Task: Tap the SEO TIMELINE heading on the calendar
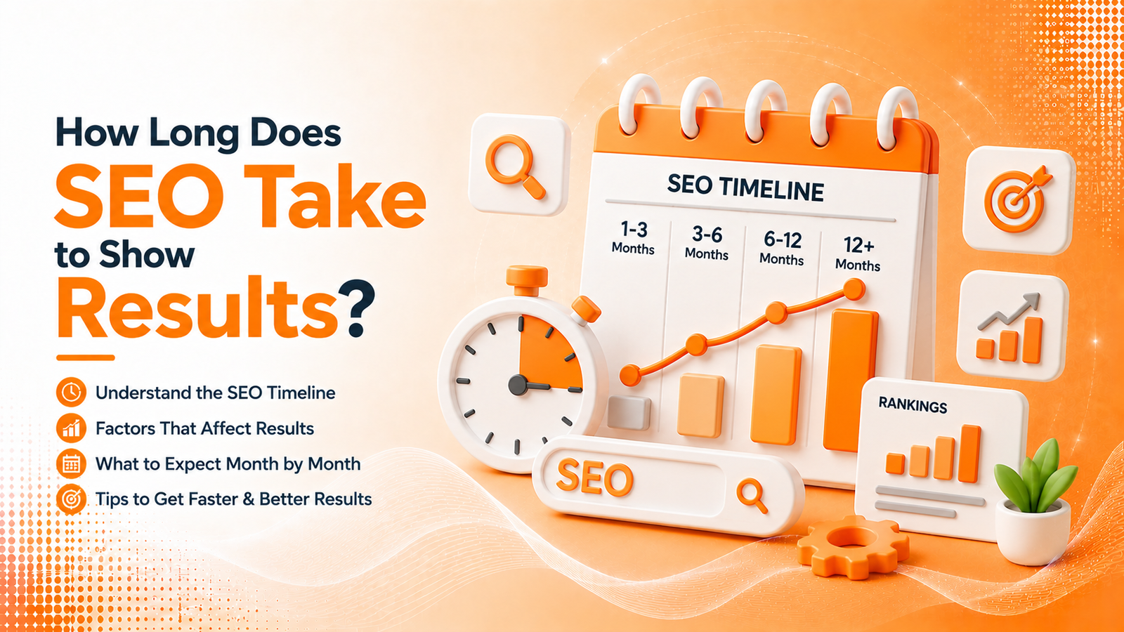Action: coord(745,187)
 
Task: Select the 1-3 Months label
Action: coord(634,238)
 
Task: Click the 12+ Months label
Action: coord(858,254)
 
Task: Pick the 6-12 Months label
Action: coord(783,249)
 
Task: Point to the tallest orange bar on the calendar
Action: coord(851,380)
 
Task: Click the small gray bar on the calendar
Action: coord(629,412)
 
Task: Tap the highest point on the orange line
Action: coord(854,289)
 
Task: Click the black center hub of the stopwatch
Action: coord(518,386)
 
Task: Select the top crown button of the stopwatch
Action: coord(526,280)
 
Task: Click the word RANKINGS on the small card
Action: coord(913,405)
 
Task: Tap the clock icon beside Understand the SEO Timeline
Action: coord(71,392)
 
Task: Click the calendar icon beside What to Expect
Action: coord(71,464)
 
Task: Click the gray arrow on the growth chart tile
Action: coord(1009,311)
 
